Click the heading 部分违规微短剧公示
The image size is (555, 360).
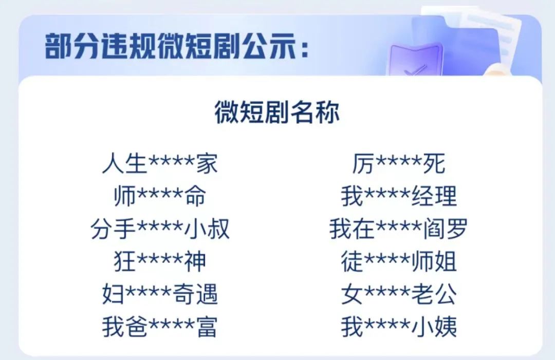177,47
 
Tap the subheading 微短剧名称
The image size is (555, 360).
277,112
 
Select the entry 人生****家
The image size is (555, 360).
160,164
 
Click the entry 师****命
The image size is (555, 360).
160,196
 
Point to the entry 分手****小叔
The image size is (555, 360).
160,229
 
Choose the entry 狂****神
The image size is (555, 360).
160,261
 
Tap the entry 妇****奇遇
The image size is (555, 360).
160,294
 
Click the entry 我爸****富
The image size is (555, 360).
160,327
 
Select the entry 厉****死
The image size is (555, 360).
399,164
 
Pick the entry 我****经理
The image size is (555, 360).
399,196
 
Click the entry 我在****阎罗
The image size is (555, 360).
399,229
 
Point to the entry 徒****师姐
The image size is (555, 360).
399,261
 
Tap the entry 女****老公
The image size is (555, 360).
399,294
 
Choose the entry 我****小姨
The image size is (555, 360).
399,327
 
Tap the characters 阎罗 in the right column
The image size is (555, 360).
445,229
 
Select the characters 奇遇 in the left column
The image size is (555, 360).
195,294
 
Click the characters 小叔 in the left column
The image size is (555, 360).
207,229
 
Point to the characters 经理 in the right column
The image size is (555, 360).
434,196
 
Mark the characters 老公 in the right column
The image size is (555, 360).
434,294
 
